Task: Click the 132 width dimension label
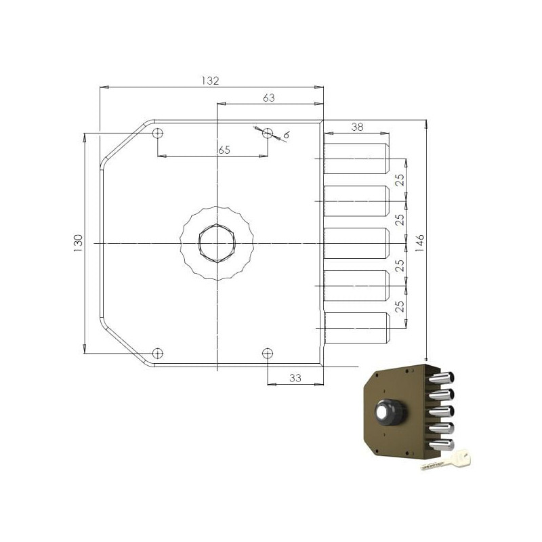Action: pyautogui.click(x=211, y=81)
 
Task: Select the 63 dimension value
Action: pyautogui.click(x=268, y=98)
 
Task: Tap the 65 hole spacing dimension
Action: pyautogui.click(x=224, y=150)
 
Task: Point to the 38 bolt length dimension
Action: pyautogui.click(x=357, y=127)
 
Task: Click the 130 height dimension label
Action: pyautogui.click(x=78, y=242)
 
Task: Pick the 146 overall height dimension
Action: pyautogui.click(x=419, y=242)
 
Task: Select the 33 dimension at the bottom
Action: pyautogui.click(x=295, y=379)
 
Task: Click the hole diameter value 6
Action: pyautogui.click(x=286, y=135)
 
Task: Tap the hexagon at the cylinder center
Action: pyautogui.click(x=216, y=243)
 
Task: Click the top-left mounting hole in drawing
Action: pyautogui.click(x=157, y=133)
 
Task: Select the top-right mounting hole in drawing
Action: pyautogui.click(x=268, y=133)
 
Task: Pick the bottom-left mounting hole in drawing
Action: pyautogui.click(x=157, y=352)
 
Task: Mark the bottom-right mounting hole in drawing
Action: pyautogui.click(x=268, y=352)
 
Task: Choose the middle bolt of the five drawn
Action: pyautogui.click(x=356, y=243)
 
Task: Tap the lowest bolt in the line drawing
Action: pyautogui.click(x=356, y=328)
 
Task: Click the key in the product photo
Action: pyautogui.click(x=446, y=461)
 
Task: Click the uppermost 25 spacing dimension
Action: pyautogui.click(x=400, y=180)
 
